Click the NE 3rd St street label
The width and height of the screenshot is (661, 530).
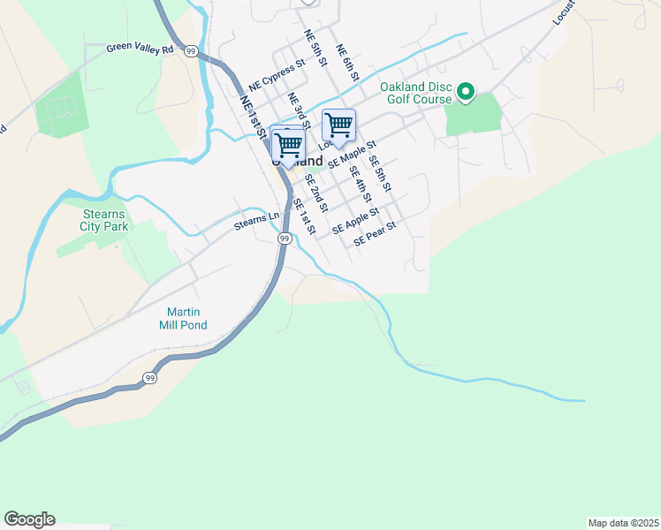click(x=300, y=110)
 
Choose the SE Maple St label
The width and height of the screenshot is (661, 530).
click(x=352, y=155)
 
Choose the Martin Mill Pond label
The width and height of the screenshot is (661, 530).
click(x=184, y=318)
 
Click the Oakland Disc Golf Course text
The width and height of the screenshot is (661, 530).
click(x=416, y=93)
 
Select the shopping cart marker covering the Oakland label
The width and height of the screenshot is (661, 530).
click(x=287, y=144)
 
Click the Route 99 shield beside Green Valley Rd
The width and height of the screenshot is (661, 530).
click(x=191, y=51)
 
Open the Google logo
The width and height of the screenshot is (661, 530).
click(x=29, y=519)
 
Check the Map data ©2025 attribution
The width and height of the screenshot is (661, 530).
click(x=622, y=522)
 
